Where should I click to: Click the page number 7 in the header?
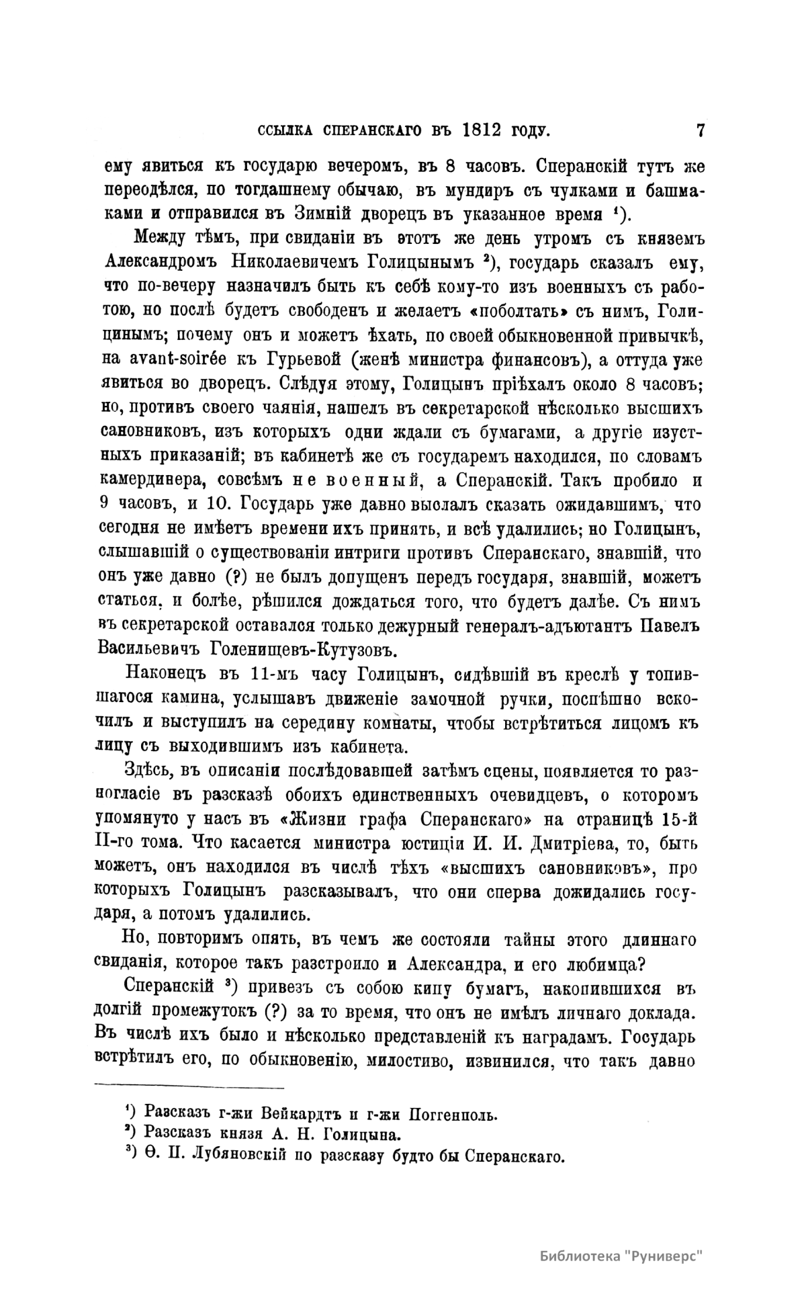click(700, 130)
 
